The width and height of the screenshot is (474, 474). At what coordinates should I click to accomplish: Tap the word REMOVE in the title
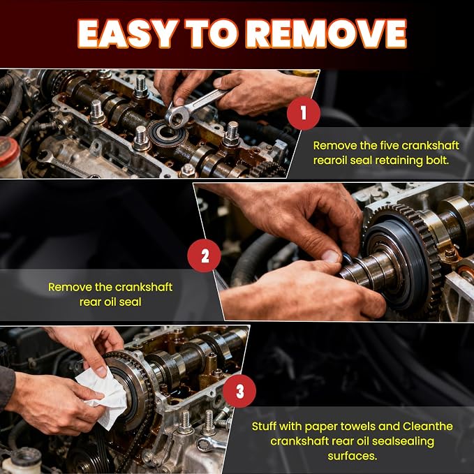click(327, 34)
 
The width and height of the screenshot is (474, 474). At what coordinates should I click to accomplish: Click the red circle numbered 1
click(304, 113)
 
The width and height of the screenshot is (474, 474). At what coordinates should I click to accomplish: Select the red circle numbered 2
click(204, 255)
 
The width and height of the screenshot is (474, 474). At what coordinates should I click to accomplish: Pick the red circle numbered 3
click(239, 391)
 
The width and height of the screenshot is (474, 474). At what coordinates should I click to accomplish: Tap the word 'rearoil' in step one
click(331, 161)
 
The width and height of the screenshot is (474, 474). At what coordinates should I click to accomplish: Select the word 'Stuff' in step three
click(264, 427)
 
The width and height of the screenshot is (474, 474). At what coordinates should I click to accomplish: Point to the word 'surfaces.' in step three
click(353, 456)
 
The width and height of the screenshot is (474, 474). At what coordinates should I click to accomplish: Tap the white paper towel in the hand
click(103, 397)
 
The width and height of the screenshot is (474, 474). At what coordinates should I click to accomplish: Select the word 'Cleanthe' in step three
click(428, 427)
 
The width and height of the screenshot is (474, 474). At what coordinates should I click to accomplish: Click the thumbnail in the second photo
click(330, 256)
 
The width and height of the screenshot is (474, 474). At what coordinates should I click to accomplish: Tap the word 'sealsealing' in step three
click(403, 441)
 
